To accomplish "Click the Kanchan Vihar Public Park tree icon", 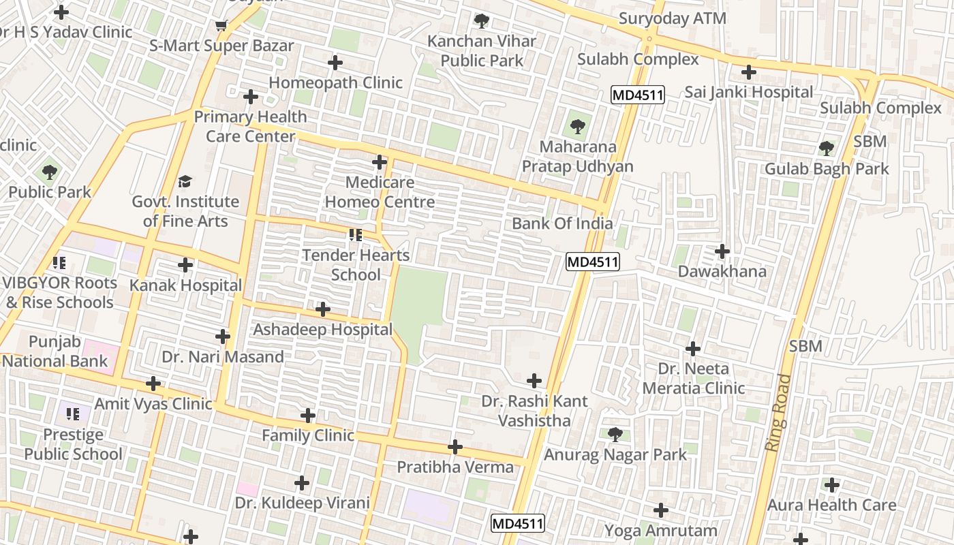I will click(x=482, y=20).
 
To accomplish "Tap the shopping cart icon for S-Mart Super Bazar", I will click(x=221, y=26).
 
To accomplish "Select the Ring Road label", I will click(x=776, y=411).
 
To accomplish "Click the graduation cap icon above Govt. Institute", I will click(x=185, y=181).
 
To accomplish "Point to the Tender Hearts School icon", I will click(x=355, y=235).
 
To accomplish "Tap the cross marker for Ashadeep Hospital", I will click(x=323, y=310).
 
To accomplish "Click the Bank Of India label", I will click(x=562, y=223).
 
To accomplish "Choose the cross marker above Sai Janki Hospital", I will click(x=749, y=72).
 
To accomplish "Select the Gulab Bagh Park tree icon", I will click(x=827, y=148).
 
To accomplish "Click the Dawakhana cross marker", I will click(x=722, y=251).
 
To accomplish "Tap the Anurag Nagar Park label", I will click(x=615, y=454).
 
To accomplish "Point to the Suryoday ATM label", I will click(x=672, y=18).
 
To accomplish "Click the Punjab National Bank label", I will click(x=55, y=352).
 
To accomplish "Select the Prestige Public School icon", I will click(x=73, y=414).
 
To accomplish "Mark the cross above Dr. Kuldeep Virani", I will click(x=302, y=483).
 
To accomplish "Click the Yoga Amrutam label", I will click(x=661, y=530).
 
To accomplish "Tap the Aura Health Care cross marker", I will click(x=831, y=485).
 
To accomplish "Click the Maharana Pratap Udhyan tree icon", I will click(x=577, y=126).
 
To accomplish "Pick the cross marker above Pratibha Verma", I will click(x=455, y=447).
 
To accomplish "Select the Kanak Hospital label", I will click(x=185, y=285).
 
